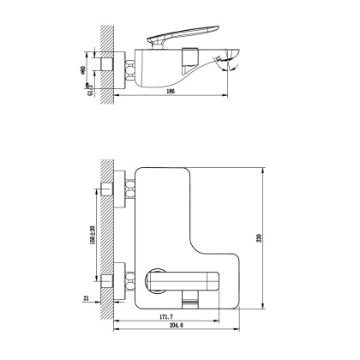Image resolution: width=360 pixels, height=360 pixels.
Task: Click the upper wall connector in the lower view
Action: (x=108, y=190)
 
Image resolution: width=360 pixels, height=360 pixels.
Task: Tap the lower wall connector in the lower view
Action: (x=108, y=279)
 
